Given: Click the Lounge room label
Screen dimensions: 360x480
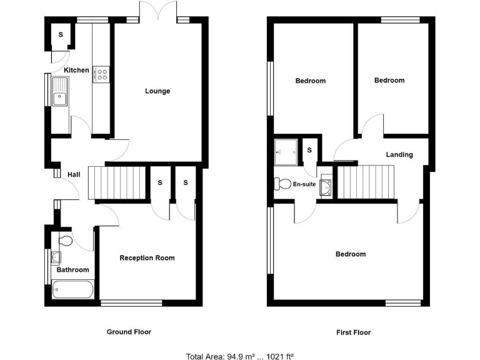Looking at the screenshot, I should [x=157, y=91].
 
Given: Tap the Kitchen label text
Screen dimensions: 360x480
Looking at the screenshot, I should [x=76, y=70].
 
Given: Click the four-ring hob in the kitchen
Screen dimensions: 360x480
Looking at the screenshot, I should [x=101, y=75].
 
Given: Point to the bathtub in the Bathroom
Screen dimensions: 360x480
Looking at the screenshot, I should [x=73, y=290].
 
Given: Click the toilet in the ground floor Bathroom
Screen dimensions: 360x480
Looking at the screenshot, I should [x=65, y=241].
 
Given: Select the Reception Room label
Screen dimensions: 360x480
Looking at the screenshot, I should [x=147, y=257].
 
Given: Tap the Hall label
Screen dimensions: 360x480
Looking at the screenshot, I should [x=73, y=174].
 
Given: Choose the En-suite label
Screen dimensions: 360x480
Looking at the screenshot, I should [x=304, y=184].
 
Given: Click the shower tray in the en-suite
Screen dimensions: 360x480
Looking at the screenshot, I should [x=286, y=150].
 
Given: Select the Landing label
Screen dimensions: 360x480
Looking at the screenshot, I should [x=399, y=154].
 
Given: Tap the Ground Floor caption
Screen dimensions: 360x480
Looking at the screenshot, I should [x=129, y=332].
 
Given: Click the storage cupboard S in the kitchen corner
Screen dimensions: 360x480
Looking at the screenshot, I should [x=61, y=34].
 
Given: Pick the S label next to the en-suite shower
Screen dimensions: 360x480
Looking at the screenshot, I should [x=309, y=150].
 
